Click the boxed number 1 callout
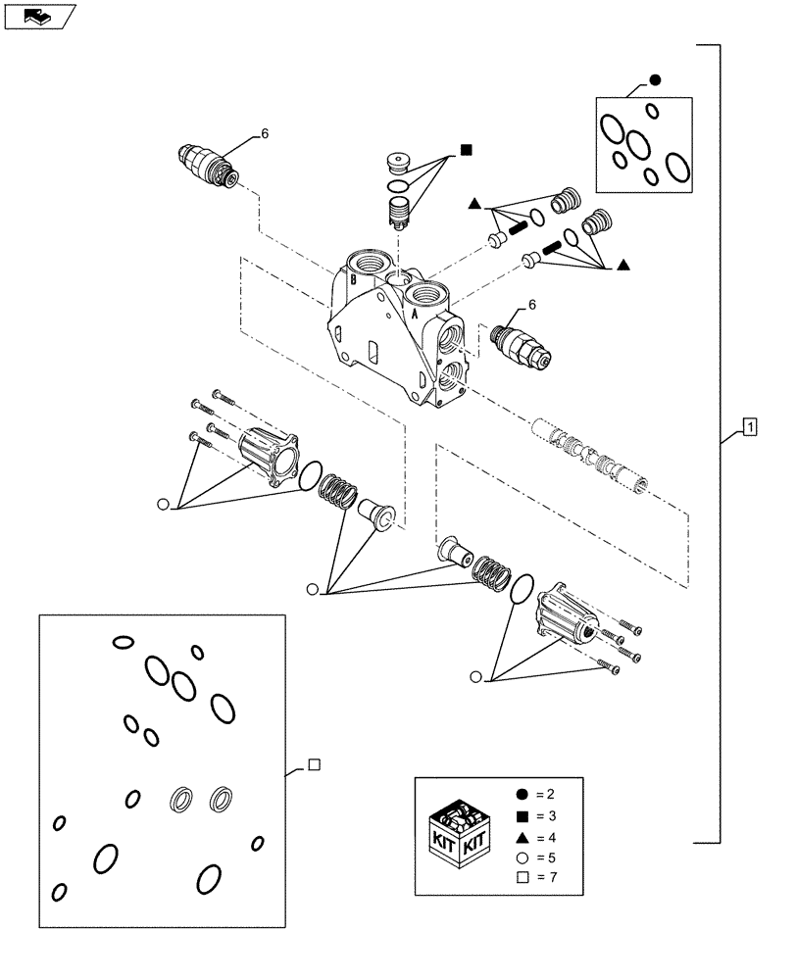(x=748, y=426)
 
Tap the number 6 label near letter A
(x=533, y=306)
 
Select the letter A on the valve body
(x=416, y=318)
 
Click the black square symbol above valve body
(x=466, y=151)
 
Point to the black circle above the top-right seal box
(x=655, y=80)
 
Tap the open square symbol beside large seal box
(x=312, y=766)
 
